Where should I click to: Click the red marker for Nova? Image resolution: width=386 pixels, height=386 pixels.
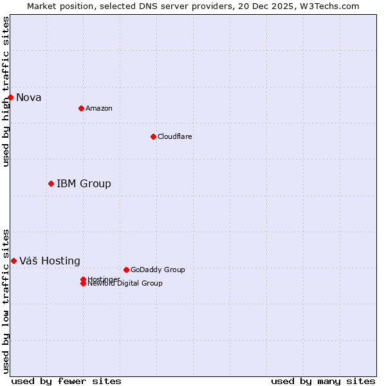10,97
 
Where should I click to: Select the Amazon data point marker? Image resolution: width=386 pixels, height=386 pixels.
81,108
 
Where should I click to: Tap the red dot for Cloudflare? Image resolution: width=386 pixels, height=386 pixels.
153,136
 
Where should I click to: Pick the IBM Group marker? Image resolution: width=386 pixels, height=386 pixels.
51,183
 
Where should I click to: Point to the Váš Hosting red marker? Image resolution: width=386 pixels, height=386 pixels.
14,261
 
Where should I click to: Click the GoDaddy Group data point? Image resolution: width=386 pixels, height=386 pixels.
126,270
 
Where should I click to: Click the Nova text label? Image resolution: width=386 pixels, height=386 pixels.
28,98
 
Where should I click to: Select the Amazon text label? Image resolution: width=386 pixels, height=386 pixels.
99,108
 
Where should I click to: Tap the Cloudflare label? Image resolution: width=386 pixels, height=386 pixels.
175,136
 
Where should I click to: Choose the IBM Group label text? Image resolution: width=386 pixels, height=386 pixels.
84,184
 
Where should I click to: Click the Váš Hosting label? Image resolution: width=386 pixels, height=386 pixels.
50,261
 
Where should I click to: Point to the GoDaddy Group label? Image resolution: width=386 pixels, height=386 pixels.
158,270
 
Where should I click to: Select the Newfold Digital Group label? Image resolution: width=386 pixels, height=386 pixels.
125,283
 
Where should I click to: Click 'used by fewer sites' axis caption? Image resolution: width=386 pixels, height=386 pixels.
66,381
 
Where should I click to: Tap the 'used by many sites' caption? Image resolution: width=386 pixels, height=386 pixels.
323,381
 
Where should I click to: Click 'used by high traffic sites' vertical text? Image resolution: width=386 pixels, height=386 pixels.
6,91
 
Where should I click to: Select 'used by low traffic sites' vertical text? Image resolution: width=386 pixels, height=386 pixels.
6,300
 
